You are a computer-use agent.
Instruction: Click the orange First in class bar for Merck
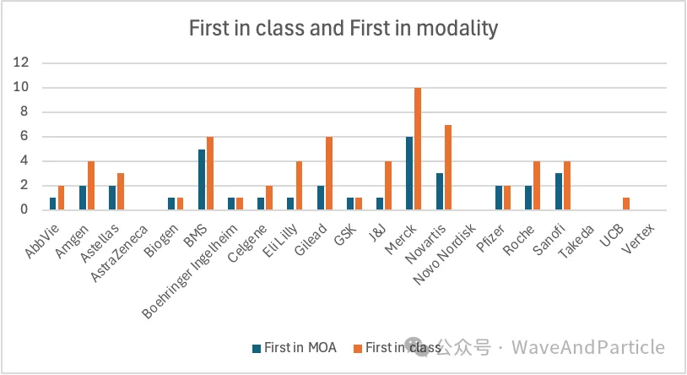pos(417,149)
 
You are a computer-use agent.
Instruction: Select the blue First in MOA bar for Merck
pos(410,173)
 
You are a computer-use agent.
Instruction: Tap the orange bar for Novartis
pos(447,167)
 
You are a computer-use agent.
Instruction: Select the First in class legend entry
pos(397,347)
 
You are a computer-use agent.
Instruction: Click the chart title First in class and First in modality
pos(343,29)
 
